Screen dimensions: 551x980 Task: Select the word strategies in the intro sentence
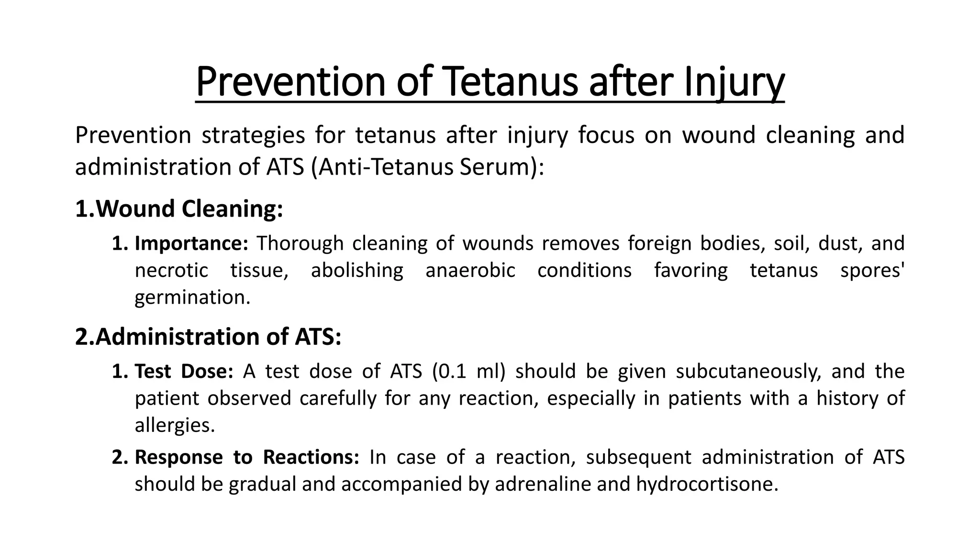(x=253, y=135)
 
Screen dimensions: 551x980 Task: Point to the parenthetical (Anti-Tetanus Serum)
(x=427, y=167)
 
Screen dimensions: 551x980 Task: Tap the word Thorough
(x=300, y=243)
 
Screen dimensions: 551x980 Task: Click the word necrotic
(x=171, y=271)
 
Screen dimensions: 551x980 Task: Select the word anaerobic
(x=470, y=271)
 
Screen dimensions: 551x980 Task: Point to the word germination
(x=192, y=298)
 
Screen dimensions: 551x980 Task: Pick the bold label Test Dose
(x=184, y=372)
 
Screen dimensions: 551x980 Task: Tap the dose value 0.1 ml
(x=468, y=372)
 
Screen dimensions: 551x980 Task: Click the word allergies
(x=175, y=425)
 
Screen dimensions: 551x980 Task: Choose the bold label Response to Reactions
(x=247, y=458)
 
